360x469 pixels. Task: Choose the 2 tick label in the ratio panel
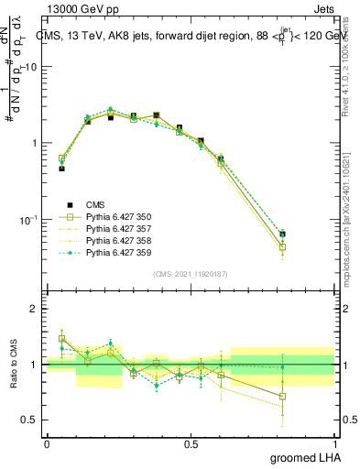(x=36, y=310)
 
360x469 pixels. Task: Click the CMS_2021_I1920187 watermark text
(x=191, y=274)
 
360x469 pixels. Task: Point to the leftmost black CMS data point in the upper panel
(x=61, y=169)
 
